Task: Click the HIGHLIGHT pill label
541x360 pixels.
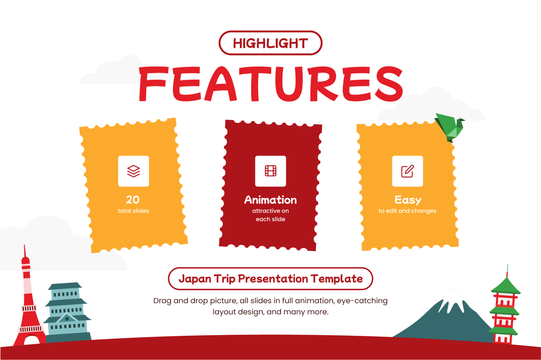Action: coord(270,43)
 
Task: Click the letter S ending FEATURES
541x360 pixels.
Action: coord(388,84)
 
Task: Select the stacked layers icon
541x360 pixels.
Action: coord(134,171)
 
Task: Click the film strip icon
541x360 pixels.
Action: coord(270,171)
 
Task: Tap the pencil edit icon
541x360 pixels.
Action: coord(407,171)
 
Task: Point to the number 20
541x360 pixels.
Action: coord(133,200)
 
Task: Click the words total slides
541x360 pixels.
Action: coord(134,211)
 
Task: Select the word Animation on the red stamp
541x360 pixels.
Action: coord(270,200)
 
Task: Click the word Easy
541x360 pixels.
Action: coord(408,200)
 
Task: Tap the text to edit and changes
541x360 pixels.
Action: coord(407,211)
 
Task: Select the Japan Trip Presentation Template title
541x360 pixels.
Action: coord(270,278)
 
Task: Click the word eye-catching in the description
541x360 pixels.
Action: coord(362,301)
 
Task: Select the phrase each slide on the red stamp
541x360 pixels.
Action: coord(270,219)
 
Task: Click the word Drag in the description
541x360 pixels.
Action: coord(163,301)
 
